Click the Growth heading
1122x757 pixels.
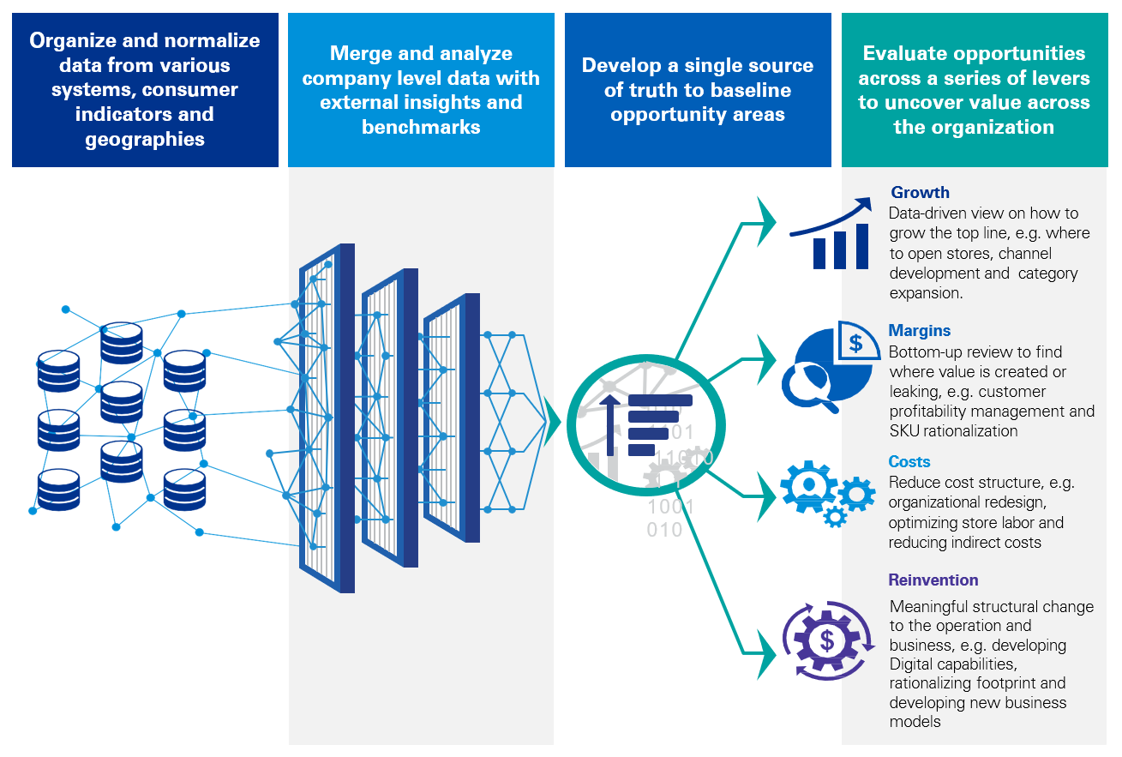[x=920, y=193]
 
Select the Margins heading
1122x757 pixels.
[x=919, y=331]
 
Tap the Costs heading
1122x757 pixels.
[x=909, y=462]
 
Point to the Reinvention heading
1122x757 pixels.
[x=933, y=580]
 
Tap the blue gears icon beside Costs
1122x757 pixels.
[x=826, y=494]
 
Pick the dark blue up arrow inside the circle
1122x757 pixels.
[x=610, y=424]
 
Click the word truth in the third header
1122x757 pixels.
[x=662, y=90]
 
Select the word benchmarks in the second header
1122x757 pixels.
[x=421, y=128]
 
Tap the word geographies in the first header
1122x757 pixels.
[x=145, y=140]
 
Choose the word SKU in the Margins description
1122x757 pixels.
[x=905, y=431]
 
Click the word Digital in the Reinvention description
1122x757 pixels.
[x=914, y=664]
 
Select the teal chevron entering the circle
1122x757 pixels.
[x=552, y=422]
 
